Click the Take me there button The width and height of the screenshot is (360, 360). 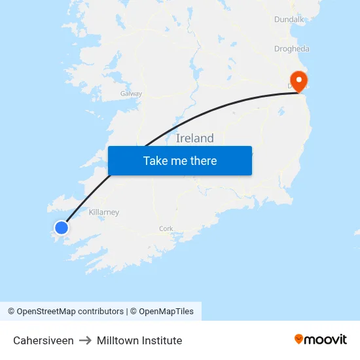pos(179,161)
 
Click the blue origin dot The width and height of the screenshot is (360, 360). pos(61,228)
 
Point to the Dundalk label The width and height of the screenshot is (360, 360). pos(289,20)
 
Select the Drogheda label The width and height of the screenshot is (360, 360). pos(291,49)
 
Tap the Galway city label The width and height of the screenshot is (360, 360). pos(131,94)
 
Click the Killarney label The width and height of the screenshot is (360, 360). pos(104,213)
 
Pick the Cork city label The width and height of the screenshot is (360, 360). pos(166,228)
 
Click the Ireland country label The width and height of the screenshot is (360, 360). pos(195,138)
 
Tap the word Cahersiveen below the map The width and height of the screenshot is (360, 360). pos(43,340)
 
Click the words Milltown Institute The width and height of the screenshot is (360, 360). pos(139,340)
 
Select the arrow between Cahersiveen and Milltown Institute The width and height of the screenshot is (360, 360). pos(85,340)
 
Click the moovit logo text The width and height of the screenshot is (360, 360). pos(325,339)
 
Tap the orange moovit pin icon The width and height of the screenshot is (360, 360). pos(299,339)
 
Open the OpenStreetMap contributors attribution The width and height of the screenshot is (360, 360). pos(70,312)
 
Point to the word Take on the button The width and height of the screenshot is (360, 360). pos(156,161)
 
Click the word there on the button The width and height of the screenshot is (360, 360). pos(202,161)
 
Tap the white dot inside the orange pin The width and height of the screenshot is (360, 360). pos(299,80)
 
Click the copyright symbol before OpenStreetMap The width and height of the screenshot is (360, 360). pos(11,312)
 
